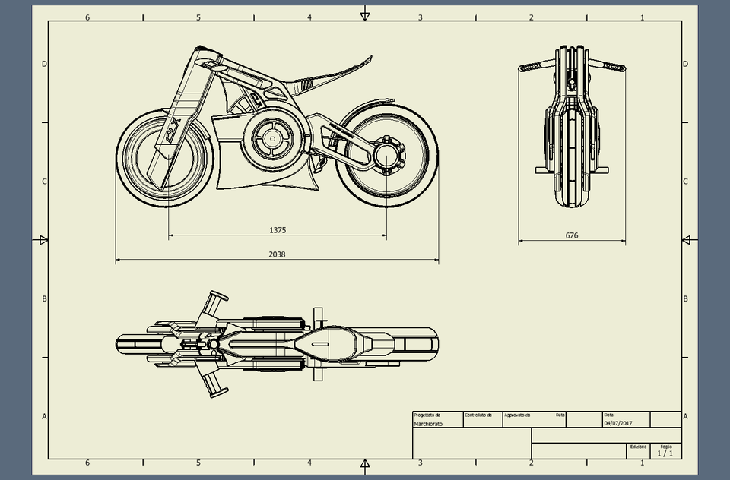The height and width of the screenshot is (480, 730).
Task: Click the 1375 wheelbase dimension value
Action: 278,229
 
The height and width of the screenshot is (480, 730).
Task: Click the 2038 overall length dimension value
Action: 278,254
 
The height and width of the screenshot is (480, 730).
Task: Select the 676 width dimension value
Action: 572,235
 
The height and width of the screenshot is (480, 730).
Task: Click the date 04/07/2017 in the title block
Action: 617,424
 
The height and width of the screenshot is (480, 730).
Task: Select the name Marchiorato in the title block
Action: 428,424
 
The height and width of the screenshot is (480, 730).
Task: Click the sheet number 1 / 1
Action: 665,453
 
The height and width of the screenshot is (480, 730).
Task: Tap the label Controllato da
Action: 478,415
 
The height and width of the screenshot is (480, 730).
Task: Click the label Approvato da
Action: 517,415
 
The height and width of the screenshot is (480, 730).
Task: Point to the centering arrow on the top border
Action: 365,14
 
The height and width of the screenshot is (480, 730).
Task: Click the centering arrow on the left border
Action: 43,240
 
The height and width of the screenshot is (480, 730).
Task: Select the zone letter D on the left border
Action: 44,64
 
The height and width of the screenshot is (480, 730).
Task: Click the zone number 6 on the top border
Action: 87,17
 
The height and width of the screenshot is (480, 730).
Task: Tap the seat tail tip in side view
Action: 369,58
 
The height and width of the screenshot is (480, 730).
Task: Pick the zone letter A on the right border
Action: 686,416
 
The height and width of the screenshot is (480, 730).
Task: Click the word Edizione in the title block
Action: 638,447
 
